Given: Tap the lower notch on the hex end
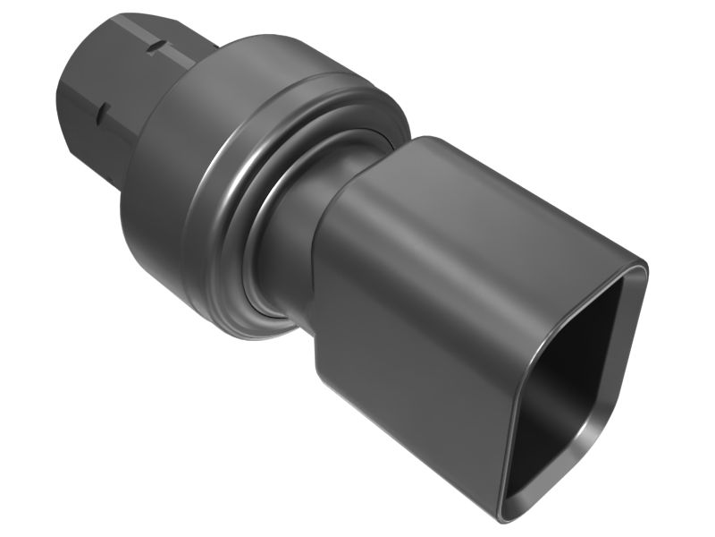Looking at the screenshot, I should (101, 111).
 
